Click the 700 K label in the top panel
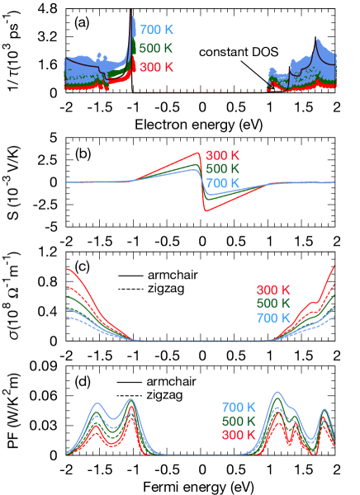[x=156, y=30]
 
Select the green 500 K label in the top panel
[x=156, y=48]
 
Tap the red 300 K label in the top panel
[x=156, y=67]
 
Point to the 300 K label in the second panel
[x=223, y=155]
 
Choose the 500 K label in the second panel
[x=223, y=169]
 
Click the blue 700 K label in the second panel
[x=223, y=183]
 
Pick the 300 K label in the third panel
[x=273, y=290]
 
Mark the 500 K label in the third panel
[x=273, y=304]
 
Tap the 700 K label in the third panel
[x=273, y=318]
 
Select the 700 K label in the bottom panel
[x=239, y=407]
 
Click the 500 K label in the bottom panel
[x=239, y=421]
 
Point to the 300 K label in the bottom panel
[x=239, y=435]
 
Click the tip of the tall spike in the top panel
[x=132, y=18]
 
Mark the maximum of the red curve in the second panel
[x=199, y=153]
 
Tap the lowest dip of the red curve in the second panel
[x=206, y=211]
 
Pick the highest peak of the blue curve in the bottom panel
[x=278, y=392]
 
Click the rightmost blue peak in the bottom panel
[x=324, y=408]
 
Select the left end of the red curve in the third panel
[x=68, y=269]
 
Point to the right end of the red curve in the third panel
[x=334, y=266]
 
